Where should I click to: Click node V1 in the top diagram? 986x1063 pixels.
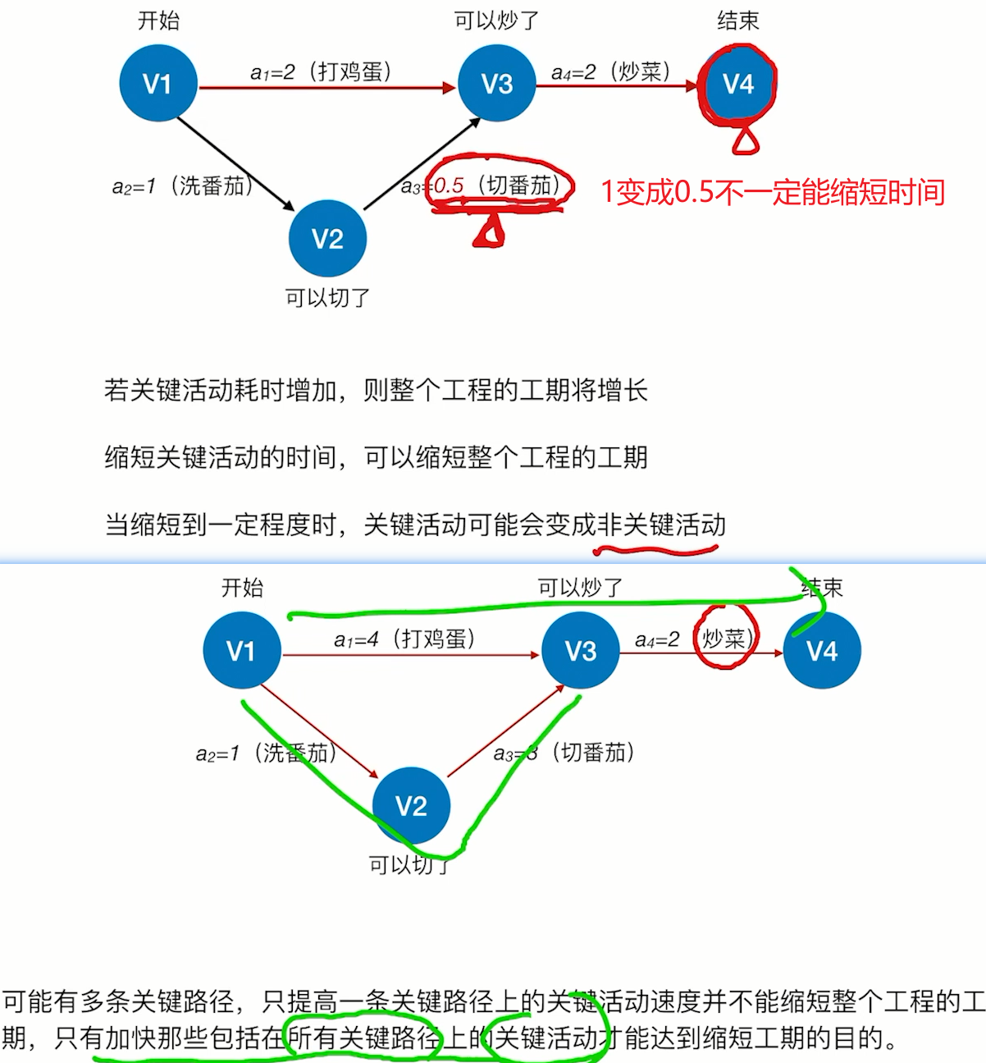click(x=157, y=84)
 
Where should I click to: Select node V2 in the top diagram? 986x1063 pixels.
click(x=327, y=239)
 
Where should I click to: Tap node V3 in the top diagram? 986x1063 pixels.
click(x=496, y=84)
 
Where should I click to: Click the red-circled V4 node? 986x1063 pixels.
click(x=737, y=84)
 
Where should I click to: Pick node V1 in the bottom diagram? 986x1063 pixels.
click(x=241, y=652)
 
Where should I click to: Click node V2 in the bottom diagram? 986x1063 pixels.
click(x=411, y=806)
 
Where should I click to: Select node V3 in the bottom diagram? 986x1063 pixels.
click(x=581, y=652)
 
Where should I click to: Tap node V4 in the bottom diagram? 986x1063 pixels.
click(x=822, y=652)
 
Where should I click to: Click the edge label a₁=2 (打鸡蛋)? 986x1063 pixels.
click(x=321, y=72)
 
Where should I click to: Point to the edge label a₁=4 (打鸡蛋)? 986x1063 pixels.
click(x=404, y=639)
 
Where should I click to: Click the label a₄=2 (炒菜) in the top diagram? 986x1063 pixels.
click(x=611, y=72)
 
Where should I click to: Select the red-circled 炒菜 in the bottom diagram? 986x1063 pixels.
click(x=724, y=639)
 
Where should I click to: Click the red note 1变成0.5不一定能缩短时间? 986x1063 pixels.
click(x=773, y=192)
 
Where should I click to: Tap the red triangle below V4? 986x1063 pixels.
click(x=745, y=142)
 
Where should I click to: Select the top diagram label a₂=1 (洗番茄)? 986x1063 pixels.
click(x=182, y=186)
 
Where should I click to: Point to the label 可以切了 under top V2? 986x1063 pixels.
click(x=327, y=297)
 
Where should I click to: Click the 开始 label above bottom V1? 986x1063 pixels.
click(x=242, y=588)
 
